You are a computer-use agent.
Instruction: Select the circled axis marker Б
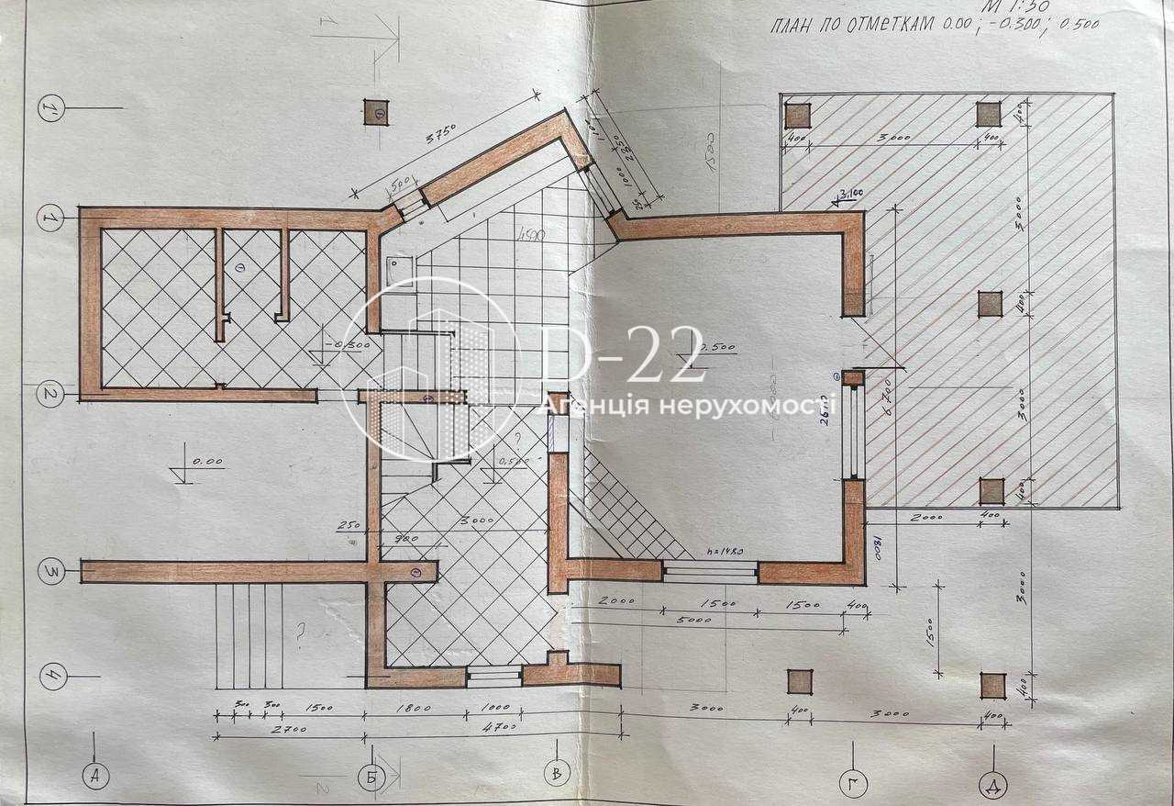(x=371, y=778)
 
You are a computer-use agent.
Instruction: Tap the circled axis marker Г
(x=853, y=782)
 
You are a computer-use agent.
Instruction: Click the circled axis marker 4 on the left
(x=53, y=677)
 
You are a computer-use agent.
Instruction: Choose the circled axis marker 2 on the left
(x=50, y=395)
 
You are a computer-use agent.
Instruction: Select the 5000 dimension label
(x=703, y=620)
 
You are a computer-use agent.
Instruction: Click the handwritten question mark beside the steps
(x=299, y=632)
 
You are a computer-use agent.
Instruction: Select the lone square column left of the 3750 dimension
(x=376, y=112)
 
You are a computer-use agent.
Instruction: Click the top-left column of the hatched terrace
(x=798, y=115)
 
